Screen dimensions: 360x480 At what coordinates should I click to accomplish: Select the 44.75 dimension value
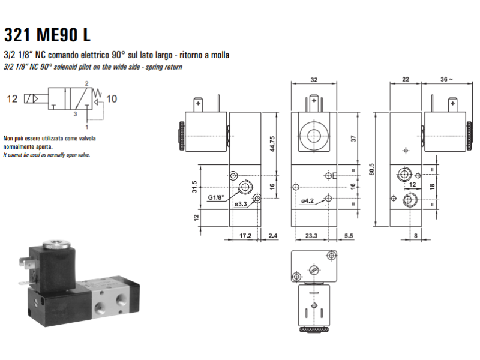(x=272, y=144)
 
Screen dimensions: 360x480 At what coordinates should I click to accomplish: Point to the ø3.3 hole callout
(x=241, y=205)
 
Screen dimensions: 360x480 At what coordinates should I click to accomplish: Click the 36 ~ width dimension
(x=447, y=79)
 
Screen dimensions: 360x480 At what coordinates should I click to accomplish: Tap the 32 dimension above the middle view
(x=314, y=79)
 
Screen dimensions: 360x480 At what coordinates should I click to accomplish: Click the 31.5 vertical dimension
(x=195, y=188)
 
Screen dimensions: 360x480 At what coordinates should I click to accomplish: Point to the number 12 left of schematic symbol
(x=13, y=99)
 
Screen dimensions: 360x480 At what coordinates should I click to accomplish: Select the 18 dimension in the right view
(x=430, y=187)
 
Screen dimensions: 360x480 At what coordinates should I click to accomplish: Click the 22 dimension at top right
(x=406, y=79)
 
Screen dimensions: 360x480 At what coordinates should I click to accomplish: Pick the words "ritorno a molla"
(x=206, y=55)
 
